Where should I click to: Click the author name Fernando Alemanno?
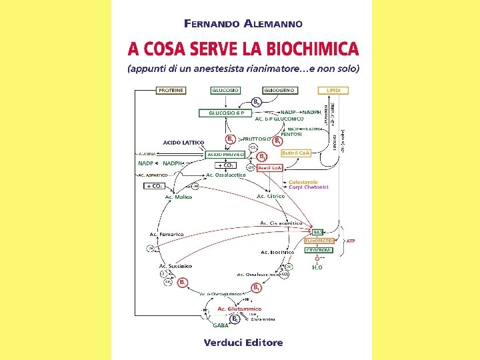[243, 23]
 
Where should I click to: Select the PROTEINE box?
[171, 90]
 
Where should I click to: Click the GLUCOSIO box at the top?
[227, 90]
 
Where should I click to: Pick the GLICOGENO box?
[279, 90]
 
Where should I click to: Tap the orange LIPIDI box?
[333, 90]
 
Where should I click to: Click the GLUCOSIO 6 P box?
[227, 113]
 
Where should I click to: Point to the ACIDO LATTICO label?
[183, 142]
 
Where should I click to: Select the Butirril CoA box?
[296, 153]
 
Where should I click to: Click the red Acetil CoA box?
[270, 167]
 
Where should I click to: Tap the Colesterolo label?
[303, 182]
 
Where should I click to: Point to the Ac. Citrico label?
[271, 196]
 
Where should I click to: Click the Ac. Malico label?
[178, 197]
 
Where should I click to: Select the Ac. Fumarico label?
[167, 234]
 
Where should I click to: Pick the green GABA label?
[220, 325]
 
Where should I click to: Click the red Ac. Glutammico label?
[239, 309]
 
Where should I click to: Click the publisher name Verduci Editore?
[243, 343]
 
